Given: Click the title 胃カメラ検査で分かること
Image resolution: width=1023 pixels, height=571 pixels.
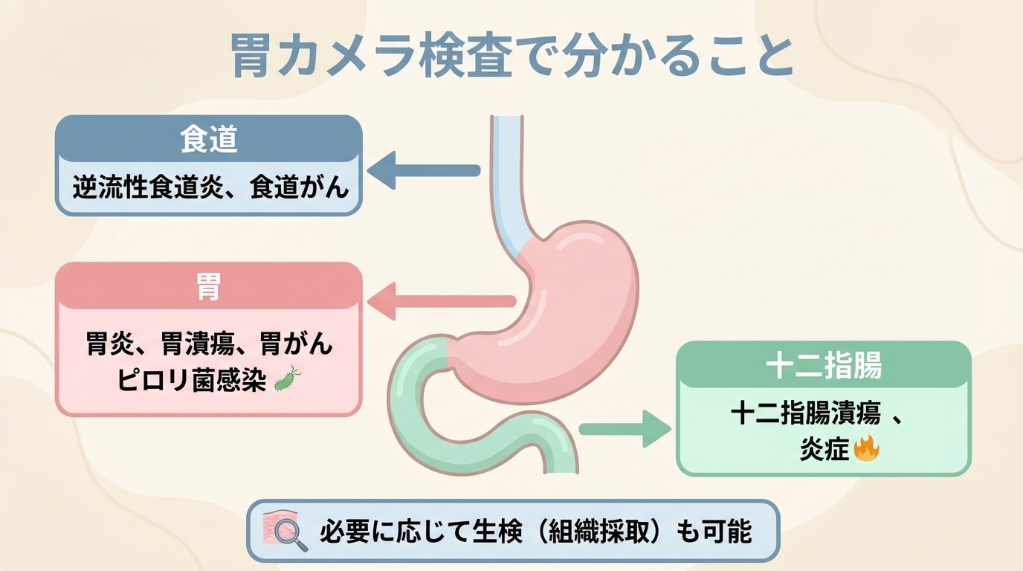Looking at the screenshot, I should [x=512, y=57].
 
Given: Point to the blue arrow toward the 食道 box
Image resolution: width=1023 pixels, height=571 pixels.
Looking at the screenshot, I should [x=424, y=171].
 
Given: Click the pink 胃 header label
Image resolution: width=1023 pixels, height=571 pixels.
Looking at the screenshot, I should [x=209, y=288].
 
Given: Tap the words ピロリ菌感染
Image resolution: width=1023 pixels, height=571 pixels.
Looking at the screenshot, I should [x=191, y=381].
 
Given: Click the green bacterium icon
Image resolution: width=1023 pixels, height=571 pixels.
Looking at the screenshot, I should [x=286, y=379].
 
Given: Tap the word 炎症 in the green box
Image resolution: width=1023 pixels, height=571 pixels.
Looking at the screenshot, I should [x=824, y=450].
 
